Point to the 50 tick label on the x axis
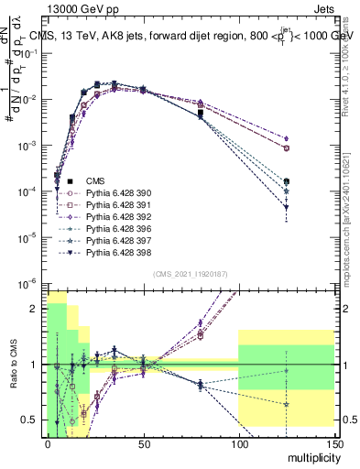pyautogui.click(x=143, y=442)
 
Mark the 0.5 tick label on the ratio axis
pyautogui.click(x=31, y=420)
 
